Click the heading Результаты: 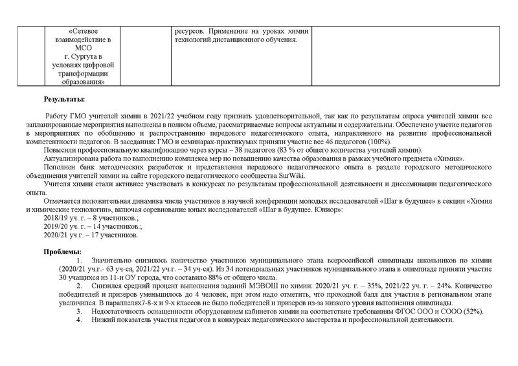click(x=64, y=100)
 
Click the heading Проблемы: click(x=63, y=251)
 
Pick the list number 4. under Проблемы click(x=79, y=321)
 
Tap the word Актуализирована click(x=74, y=158)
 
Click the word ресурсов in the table click(x=190, y=30)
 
